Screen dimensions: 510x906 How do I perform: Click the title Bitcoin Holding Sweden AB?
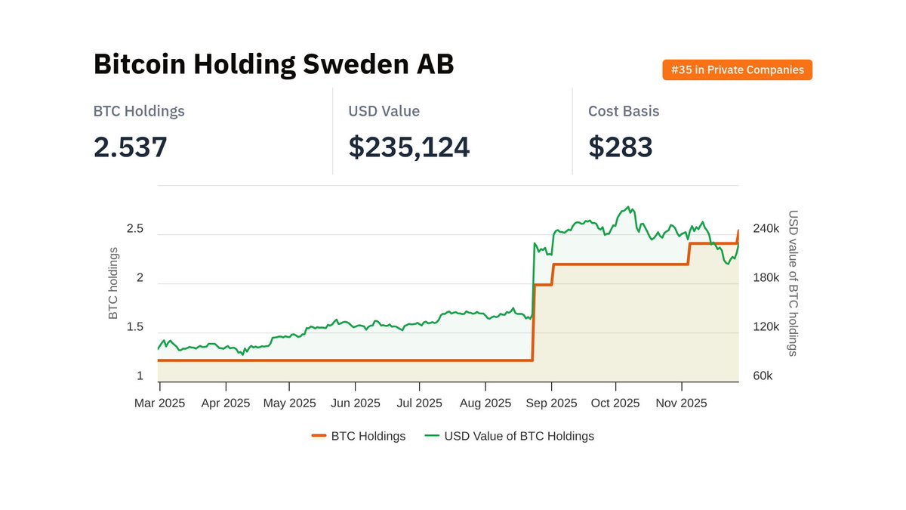coord(273,65)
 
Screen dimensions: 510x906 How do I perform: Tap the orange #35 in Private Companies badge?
coord(737,70)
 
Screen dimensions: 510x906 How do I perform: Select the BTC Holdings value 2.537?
coord(130,147)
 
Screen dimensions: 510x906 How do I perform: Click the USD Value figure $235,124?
coord(408,147)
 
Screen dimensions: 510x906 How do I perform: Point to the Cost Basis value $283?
coord(620,147)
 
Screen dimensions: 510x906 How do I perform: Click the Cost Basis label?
coord(624,111)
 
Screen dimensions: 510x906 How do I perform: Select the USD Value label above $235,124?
coord(384,111)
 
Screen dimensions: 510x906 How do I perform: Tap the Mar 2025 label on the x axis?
coord(160,403)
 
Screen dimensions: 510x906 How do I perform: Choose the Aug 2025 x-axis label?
coord(485,403)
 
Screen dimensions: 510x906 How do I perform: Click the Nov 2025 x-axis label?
coord(681,403)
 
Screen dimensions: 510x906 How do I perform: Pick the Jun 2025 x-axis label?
coord(355,403)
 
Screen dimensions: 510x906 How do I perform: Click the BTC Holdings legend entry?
coord(359,436)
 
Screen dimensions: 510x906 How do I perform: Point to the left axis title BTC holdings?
coord(114,283)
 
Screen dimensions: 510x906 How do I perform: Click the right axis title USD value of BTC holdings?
coord(793,283)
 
